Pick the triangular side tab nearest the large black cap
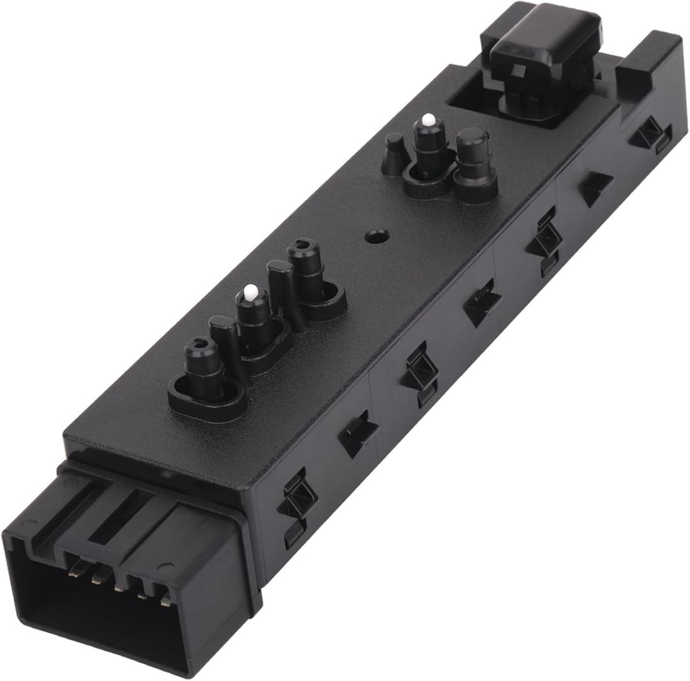pyautogui.click(x=595, y=186)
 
